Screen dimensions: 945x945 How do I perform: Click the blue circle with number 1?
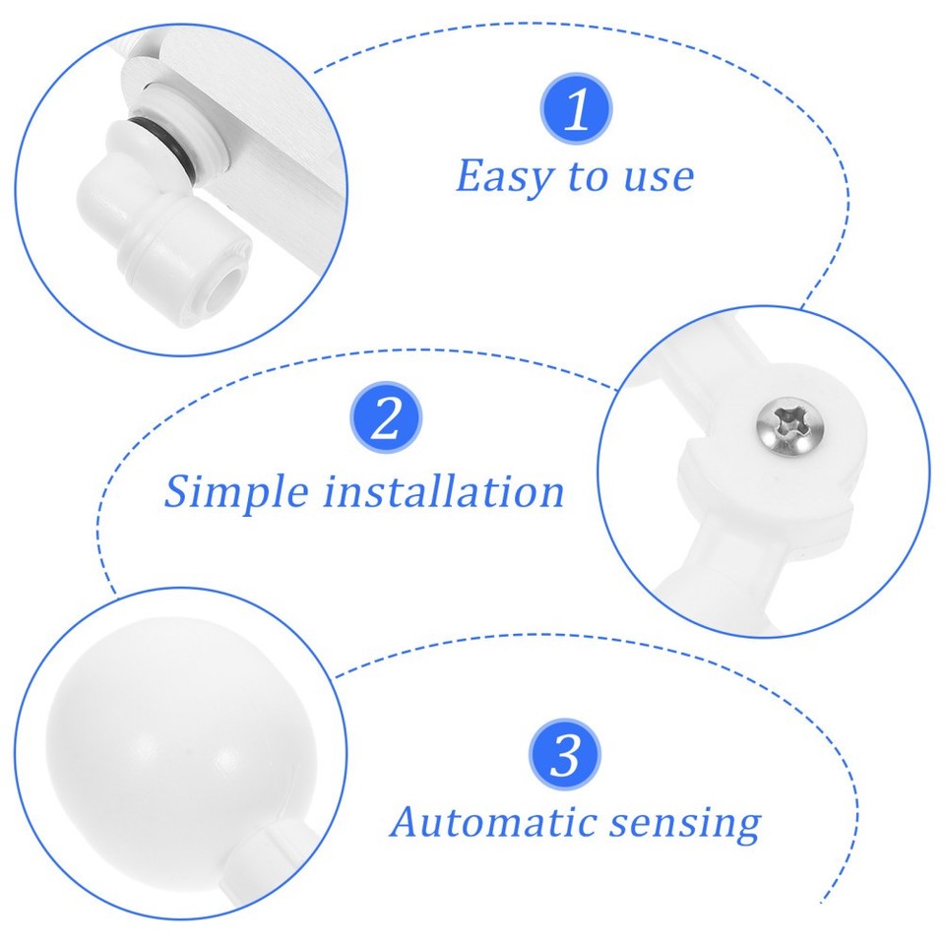pos(576,108)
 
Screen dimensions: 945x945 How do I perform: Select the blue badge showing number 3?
pos(565,755)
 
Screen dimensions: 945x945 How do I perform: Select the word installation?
pos(444,490)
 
